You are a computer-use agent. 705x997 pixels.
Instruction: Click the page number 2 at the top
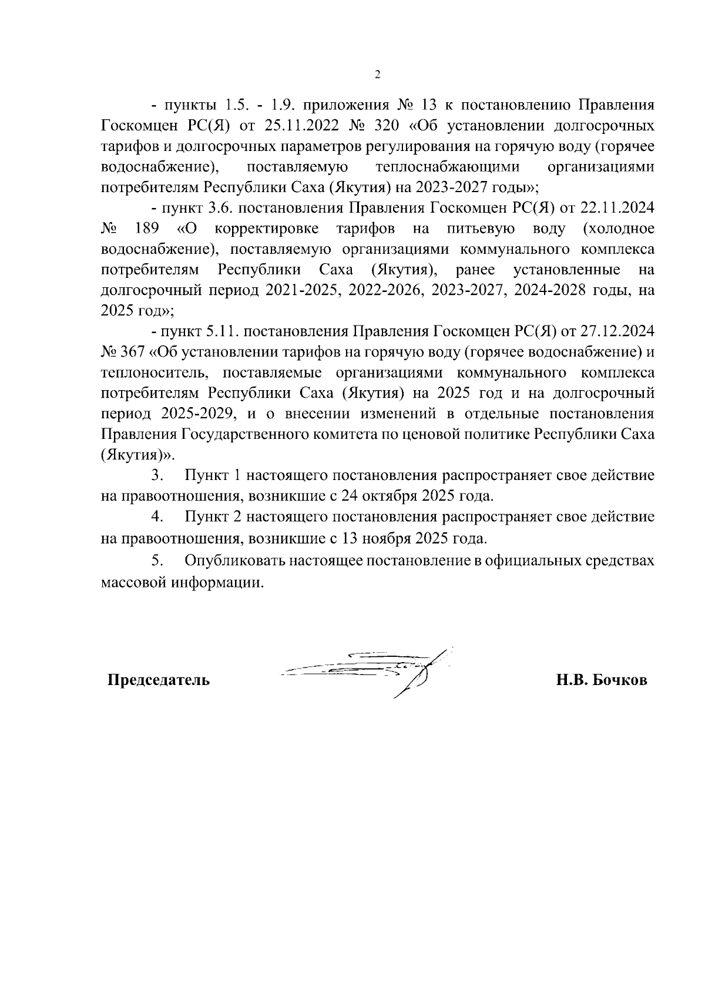click(x=378, y=75)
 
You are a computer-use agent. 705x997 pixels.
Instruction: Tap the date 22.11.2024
click(x=617, y=208)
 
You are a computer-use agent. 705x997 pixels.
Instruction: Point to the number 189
click(x=147, y=229)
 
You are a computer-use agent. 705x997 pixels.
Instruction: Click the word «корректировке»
click(x=267, y=229)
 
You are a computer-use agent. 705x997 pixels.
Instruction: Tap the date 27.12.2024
click(x=617, y=331)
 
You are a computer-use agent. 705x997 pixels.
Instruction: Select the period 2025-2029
click(x=197, y=414)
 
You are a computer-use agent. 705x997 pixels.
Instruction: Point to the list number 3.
click(x=156, y=475)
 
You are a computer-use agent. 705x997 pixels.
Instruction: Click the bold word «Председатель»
click(x=158, y=680)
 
